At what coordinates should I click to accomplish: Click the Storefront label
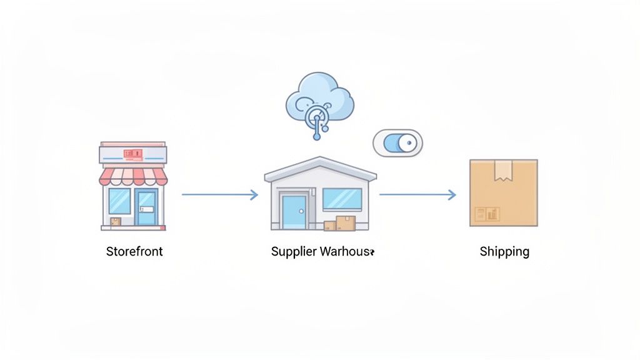point(134,252)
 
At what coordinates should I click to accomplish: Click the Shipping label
point(504,252)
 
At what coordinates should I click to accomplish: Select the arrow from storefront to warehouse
point(219,195)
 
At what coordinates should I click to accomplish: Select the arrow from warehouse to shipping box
point(417,195)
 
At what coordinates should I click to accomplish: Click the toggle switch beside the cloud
point(397,143)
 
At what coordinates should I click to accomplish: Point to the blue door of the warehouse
point(293,211)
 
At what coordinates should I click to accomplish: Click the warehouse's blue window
point(342,199)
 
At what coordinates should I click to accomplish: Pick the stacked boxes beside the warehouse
point(341,224)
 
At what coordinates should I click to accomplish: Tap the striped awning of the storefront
point(133,176)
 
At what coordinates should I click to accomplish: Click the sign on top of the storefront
point(133,153)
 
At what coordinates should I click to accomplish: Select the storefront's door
point(147,206)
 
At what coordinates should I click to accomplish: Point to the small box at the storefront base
point(116,221)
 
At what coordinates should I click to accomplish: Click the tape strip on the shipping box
point(503,170)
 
